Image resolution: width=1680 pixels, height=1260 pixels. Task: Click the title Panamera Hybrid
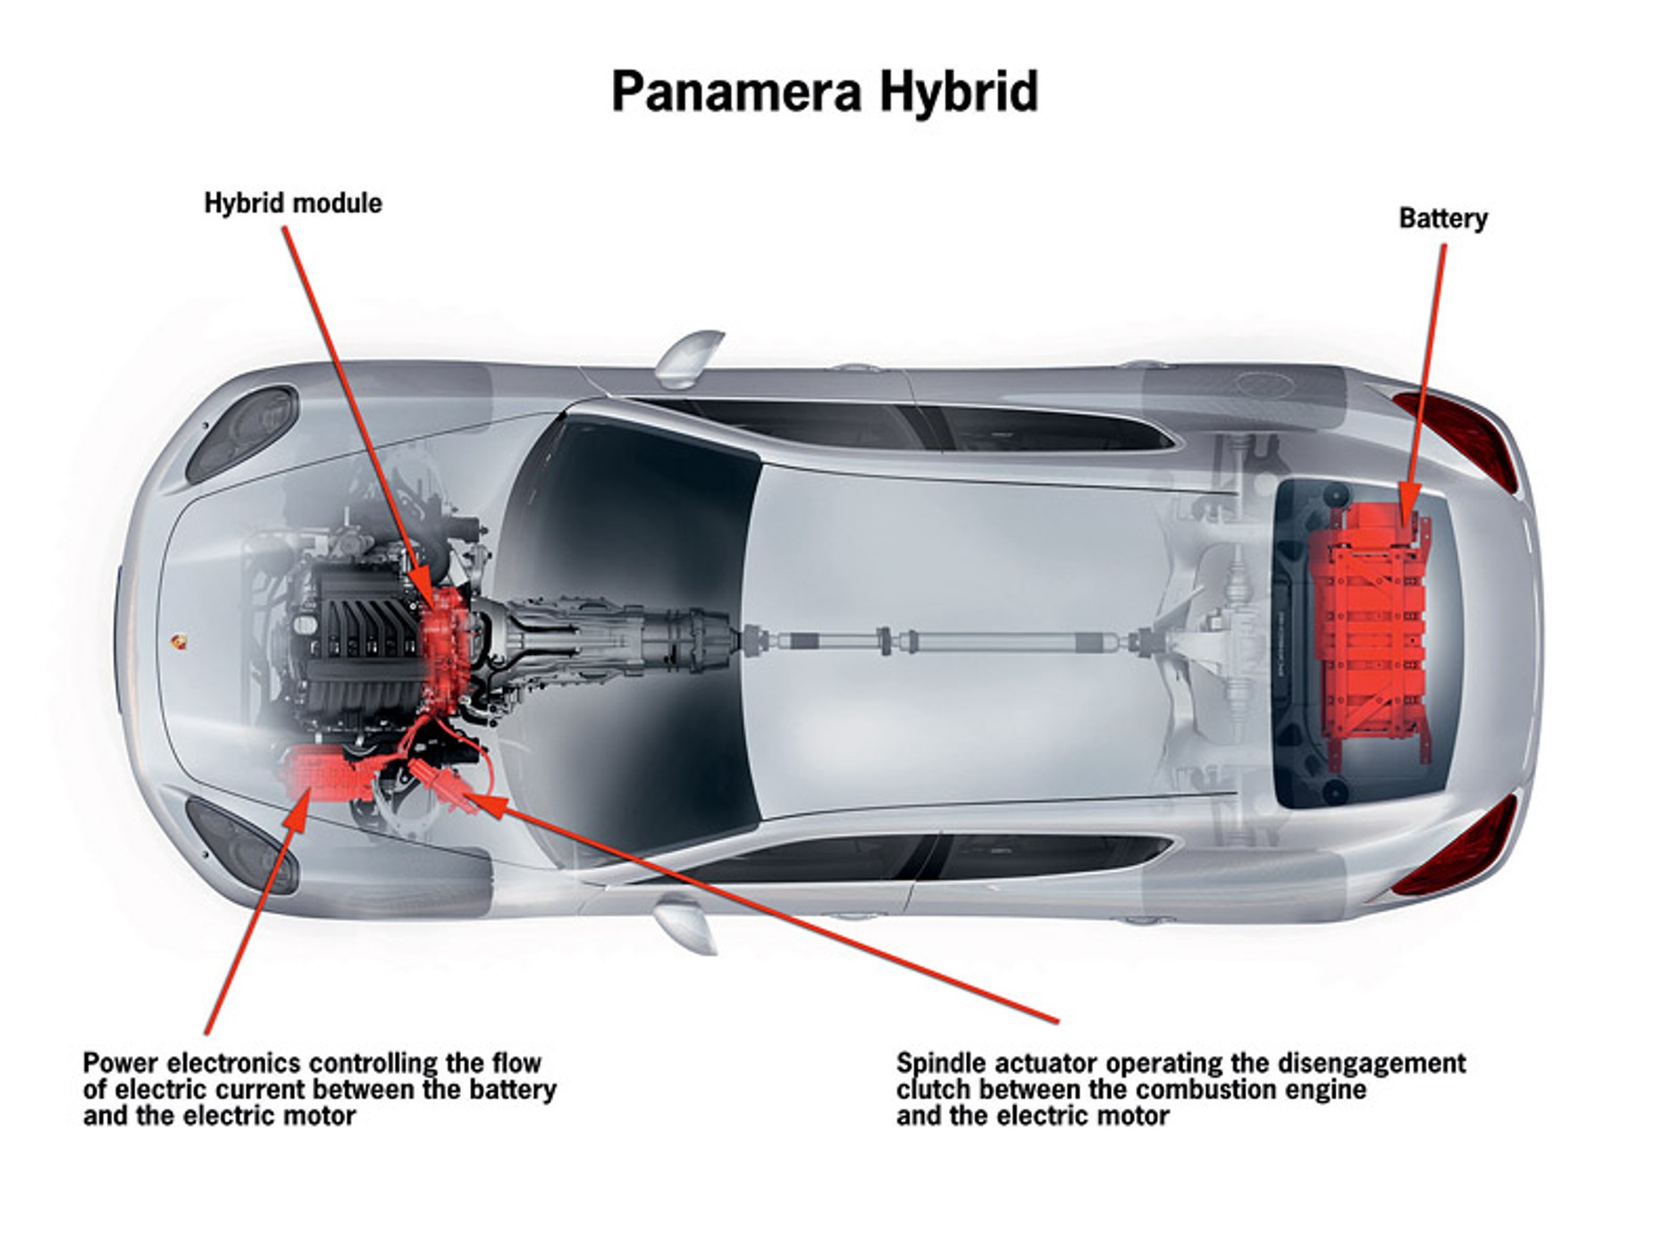pyautogui.click(x=824, y=91)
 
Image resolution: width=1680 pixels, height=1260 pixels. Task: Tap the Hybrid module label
pyautogui.click(x=293, y=204)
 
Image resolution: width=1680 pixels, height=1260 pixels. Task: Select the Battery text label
pyautogui.click(x=1442, y=219)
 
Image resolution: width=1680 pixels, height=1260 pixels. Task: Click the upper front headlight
pyautogui.click(x=243, y=433)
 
